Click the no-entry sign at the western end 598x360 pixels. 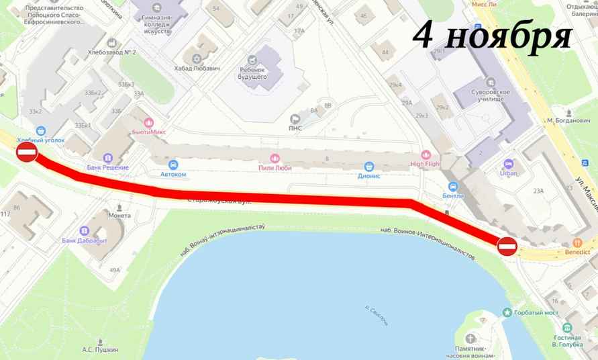point(26,152)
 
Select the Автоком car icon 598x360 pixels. point(173,164)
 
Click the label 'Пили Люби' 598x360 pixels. point(275,169)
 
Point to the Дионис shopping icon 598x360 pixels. point(368,166)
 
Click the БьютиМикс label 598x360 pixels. point(149,132)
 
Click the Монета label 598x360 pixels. point(120,216)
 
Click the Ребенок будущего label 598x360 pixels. point(253,73)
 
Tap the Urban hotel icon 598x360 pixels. point(508,164)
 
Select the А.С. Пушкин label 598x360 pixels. point(100,349)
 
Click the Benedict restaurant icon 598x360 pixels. point(577,242)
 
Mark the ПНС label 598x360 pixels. point(295,128)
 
